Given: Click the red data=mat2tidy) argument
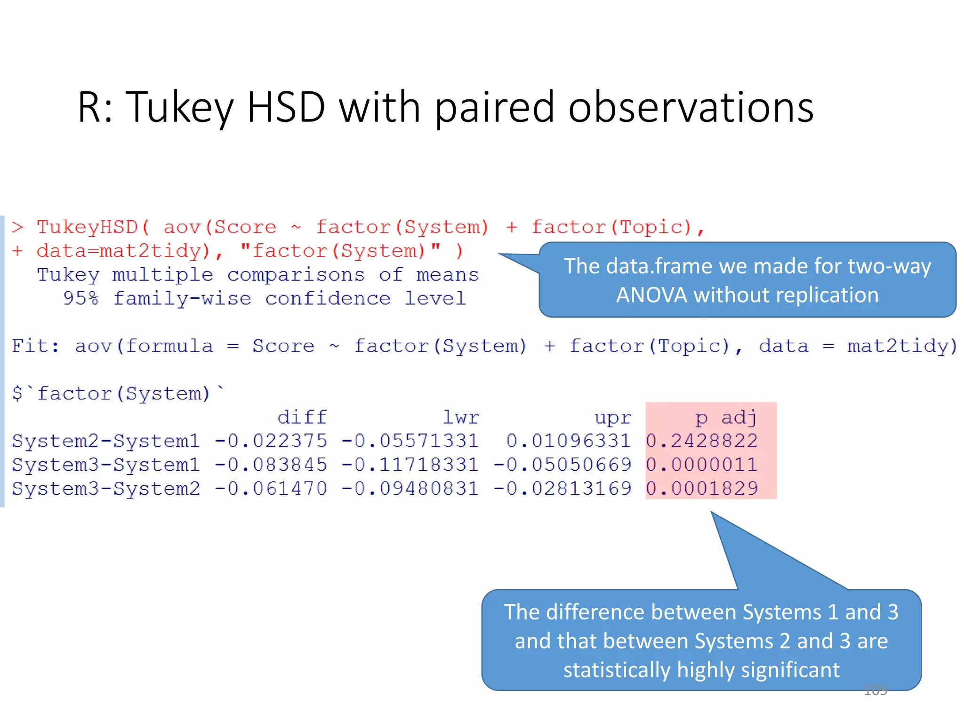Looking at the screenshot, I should click(x=123, y=251).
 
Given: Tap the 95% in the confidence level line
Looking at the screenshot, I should click(x=80, y=298).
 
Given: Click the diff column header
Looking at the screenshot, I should click(x=302, y=417).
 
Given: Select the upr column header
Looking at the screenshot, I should click(x=612, y=417).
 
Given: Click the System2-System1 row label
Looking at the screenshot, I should click(x=106, y=441).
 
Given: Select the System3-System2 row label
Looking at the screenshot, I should click(x=106, y=489).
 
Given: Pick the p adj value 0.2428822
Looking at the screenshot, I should click(x=701, y=441).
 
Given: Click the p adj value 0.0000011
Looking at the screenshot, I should click(x=701, y=465).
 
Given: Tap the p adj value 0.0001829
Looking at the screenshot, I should click(x=701, y=489).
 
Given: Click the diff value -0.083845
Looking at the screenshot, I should click(x=271, y=465).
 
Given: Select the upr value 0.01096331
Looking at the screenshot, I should click(x=568, y=441).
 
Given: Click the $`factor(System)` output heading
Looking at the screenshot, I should click(x=118, y=393).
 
